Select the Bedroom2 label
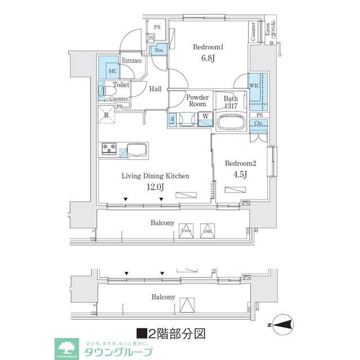(x=240, y=163)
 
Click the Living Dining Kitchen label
(x=156, y=176)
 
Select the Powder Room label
(x=196, y=100)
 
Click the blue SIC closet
(x=112, y=71)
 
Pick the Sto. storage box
(x=159, y=51)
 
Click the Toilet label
(x=121, y=85)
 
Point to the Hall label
(x=156, y=88)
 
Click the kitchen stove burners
(x=109, y=150)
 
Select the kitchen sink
(x=137, y=150)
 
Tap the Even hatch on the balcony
(x=186, y=235)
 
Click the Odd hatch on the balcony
(x=207, y=235)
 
